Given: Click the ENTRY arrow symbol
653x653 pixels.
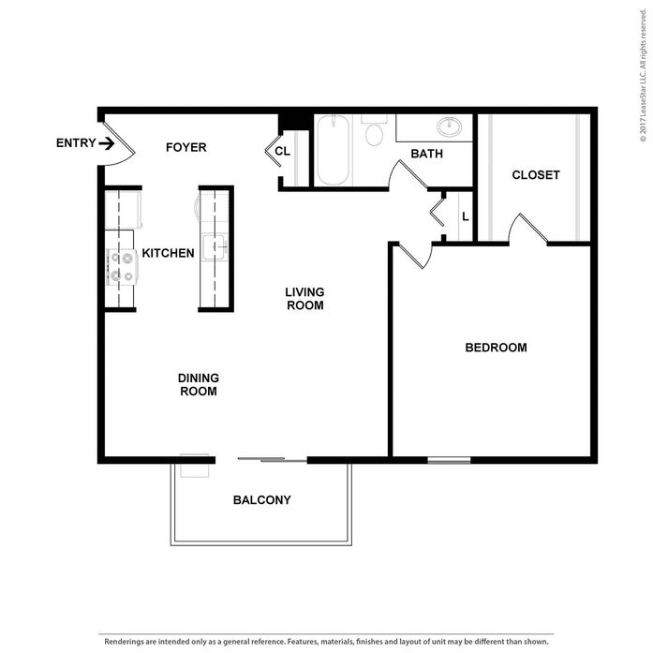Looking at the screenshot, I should point(107,143).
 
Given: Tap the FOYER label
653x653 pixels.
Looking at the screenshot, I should point(186,147).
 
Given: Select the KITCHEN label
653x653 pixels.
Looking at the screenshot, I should point(168,253).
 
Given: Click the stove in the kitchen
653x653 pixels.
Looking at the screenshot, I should point(122,266).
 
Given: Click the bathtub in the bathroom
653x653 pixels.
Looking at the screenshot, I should point(333,150).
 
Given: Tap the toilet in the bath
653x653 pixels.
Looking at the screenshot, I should point(375,132).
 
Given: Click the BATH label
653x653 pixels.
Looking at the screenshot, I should point(426,154).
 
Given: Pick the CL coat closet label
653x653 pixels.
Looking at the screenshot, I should point(282,150).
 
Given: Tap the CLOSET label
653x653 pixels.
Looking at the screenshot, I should point(536,175).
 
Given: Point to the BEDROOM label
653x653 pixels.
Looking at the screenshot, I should point(496,348).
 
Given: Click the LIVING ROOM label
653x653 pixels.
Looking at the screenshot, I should point(304,299).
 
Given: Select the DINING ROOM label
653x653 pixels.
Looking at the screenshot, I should point(198,384).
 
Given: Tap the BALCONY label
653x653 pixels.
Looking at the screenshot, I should point(261,500).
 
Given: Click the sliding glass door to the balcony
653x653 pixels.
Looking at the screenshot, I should point(272,459).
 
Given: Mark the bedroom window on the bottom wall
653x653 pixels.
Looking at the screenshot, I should point(449,460).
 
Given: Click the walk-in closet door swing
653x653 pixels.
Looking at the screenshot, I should point(527,229).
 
